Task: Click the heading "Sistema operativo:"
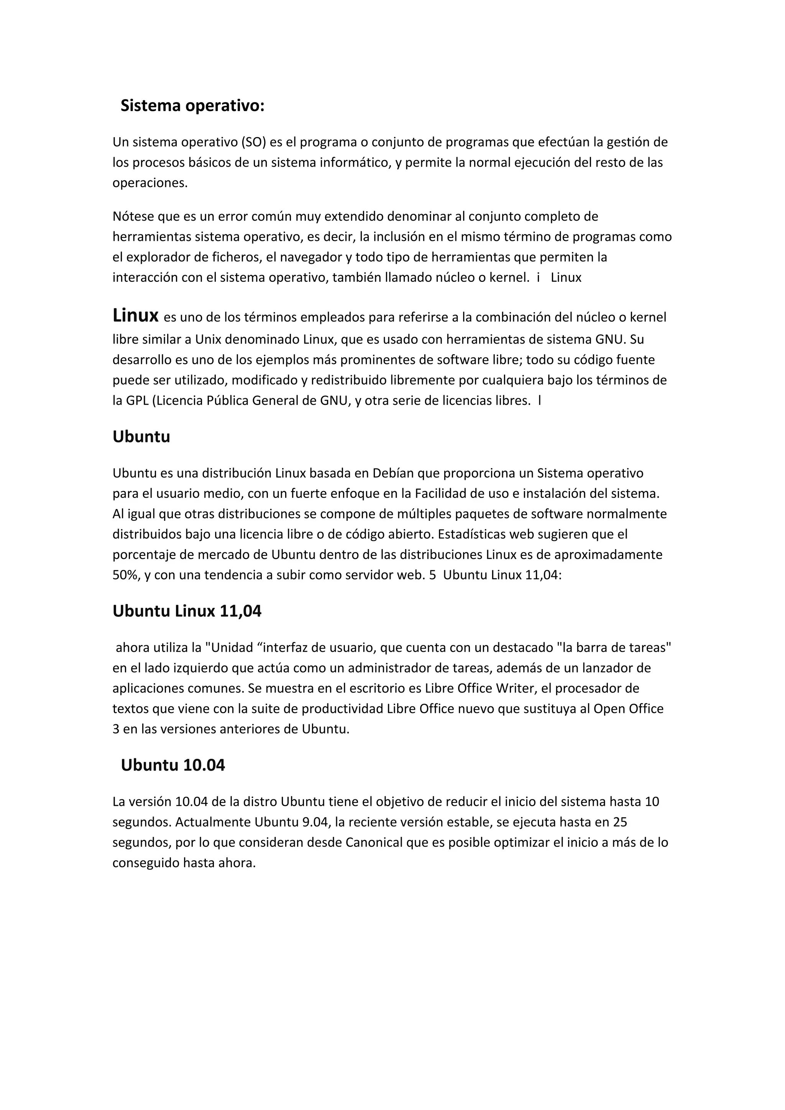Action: (192, 105)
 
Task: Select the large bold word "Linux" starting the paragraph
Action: (135, 316)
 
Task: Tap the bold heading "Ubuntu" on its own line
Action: (141, 437)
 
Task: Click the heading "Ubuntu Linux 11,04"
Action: (187, 611)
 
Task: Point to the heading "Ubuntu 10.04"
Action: (172, 765)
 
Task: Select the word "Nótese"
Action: (133, 216)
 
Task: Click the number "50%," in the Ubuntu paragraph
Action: (126, 575)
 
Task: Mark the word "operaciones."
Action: (150, 183)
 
